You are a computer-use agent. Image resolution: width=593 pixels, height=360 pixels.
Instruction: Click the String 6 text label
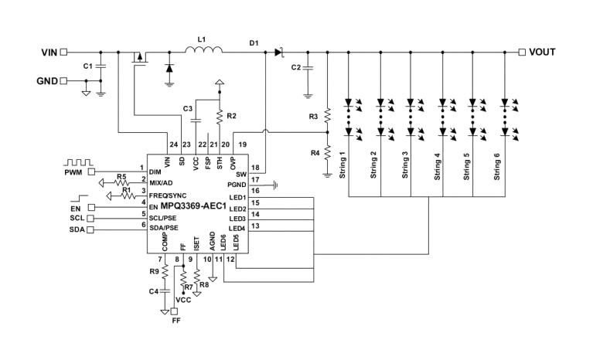click(x=498, y=165)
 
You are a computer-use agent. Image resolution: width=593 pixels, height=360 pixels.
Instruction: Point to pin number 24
click(x=172, y=144)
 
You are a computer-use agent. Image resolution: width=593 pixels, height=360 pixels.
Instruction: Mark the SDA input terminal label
click(x=76, y=229)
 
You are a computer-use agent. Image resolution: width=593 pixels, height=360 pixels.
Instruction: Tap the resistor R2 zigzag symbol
click(x=220, y=117)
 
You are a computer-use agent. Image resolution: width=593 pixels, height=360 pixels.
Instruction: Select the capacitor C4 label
click(x=155, y=291)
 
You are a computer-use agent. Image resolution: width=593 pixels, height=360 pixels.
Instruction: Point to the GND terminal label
click(x=46, y=80)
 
